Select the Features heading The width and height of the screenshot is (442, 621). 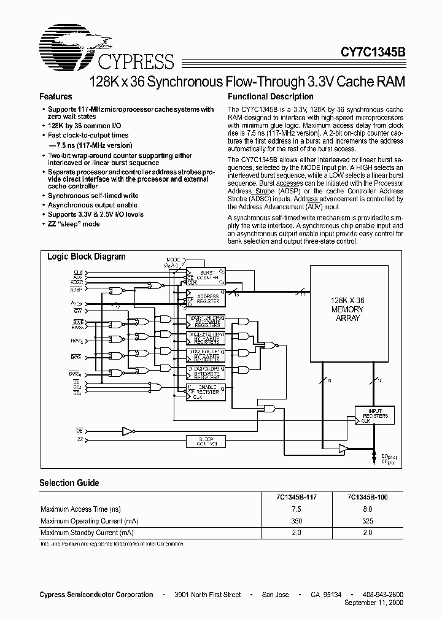56,97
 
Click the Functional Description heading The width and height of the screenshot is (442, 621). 271,97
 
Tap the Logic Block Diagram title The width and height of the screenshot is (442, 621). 87,257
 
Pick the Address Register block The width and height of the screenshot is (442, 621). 206,299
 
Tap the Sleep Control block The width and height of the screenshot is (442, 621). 206,442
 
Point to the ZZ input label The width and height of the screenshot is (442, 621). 80,439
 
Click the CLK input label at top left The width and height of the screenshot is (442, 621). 79,271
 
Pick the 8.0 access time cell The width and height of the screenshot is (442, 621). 368,509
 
